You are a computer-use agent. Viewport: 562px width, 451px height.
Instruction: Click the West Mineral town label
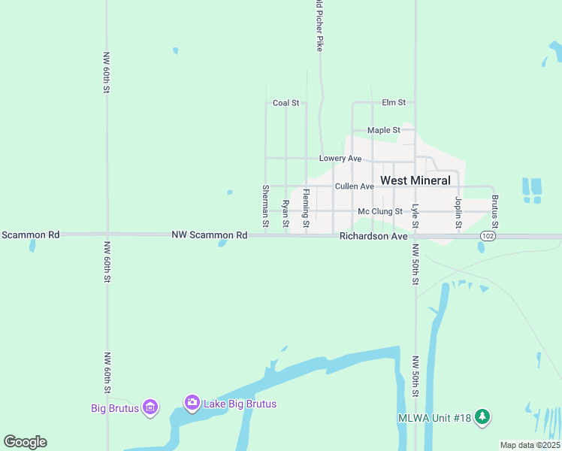[x=415, y=180]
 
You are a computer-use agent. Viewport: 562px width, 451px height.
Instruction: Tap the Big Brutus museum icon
[x=150, y=408]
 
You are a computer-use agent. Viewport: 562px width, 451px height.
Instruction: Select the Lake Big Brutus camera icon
[x=192, y=404]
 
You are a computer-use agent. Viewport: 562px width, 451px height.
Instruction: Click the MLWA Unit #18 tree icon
[x=482, y=417]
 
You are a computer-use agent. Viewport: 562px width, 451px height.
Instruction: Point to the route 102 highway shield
[x=486, y=236]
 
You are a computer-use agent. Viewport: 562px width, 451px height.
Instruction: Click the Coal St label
[x=286, y=103]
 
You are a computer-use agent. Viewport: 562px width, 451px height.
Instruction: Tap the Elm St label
[x=394, y=102]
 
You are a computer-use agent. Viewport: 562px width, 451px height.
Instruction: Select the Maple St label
[x=384, y=130]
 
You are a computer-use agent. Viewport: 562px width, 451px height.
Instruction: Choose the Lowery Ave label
[x=340, y=159]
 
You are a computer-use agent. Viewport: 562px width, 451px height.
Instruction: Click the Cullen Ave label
[x=355, y=186]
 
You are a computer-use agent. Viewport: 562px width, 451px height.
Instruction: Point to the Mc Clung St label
[x=380, y=212]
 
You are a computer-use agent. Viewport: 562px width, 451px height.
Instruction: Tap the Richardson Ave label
[x=373, y=236]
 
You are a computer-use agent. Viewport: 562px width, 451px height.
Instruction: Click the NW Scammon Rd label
[x=210, y=235]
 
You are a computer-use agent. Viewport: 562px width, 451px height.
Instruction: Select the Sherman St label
[x=266, y=206]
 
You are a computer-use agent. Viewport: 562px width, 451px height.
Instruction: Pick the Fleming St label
[x=306, y=208]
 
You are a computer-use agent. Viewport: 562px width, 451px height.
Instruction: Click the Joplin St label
[x=458, y=203]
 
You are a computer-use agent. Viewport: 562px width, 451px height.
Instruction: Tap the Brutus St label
[x=495, y=212]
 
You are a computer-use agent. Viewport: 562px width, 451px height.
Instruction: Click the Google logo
[x=25, y=442]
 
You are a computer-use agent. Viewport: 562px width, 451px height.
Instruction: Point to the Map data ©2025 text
[x=530, y=445]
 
